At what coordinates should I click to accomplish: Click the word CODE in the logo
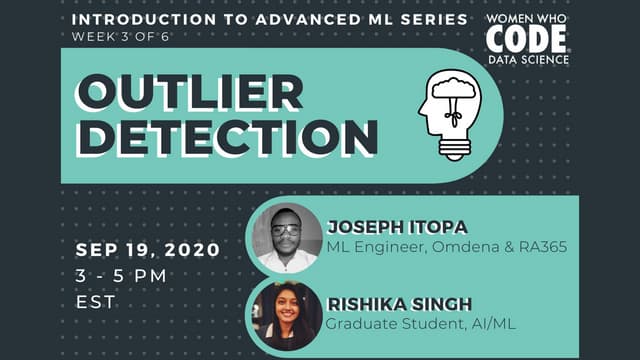[527, 39]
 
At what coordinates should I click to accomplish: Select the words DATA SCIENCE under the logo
[528, 59]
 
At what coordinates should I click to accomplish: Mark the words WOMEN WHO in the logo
[528, 19]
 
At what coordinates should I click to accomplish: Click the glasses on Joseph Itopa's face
[286, 229]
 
